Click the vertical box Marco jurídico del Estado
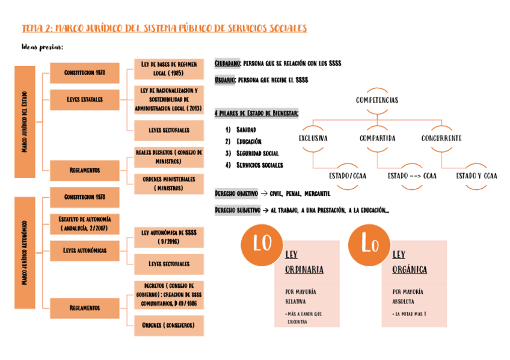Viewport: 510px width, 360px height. pos(25,122)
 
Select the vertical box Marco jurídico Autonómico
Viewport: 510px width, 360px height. pos(25,252)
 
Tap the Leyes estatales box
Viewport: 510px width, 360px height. pos(85,99)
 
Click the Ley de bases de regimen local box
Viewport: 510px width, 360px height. pos(168,69)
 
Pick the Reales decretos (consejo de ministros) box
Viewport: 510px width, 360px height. pos(168,157)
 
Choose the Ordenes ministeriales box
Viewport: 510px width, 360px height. pos(168,184)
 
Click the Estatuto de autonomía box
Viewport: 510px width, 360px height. pos(85,224)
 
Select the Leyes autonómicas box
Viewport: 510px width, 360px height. pos(85,250)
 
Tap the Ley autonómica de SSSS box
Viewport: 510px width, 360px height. pos(168,237)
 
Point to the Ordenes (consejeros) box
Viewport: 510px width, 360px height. pos(168,325)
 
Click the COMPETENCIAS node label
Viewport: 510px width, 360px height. pos(377,100)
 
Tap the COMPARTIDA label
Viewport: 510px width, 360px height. pos(378,138)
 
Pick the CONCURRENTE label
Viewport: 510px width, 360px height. pos(441,138)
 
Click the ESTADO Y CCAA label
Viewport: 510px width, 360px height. pos(476,176)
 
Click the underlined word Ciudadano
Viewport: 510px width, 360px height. pos(228,63)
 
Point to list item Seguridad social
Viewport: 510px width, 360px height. pos(257,153)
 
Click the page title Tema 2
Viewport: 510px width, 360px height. pos(164,28)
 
